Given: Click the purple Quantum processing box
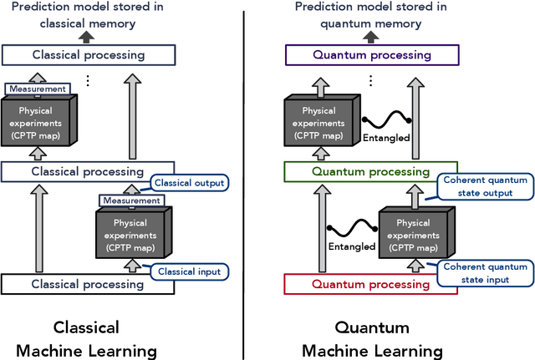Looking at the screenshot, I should click(384, 55).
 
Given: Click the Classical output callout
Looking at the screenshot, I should click(190, 183).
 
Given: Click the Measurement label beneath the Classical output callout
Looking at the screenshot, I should click(130, 200).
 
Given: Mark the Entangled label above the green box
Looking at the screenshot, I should click(386, 138).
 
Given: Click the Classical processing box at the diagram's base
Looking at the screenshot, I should click(86, 285).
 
